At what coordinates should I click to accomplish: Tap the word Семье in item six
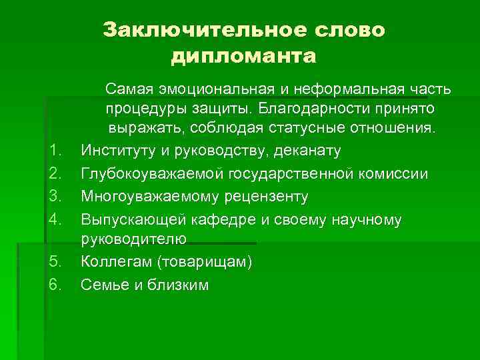(x=102, y=285)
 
